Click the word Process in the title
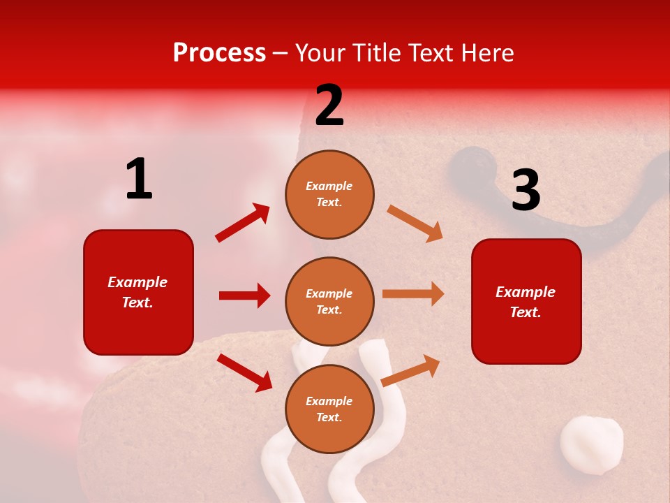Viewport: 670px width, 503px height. pos(219,53)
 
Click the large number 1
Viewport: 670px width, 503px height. pos(138,180)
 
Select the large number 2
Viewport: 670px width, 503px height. pos(329,106)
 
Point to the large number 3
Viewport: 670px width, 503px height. pos(526,190)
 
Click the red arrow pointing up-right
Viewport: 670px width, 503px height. pos(243,223)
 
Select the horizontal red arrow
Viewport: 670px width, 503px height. pos(244,296)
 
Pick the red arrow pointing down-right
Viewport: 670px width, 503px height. pos(244,372)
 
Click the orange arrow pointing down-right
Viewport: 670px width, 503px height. pos(415,224)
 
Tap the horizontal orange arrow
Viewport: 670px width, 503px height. pos(413,294)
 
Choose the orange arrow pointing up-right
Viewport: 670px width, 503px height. pos(411,370)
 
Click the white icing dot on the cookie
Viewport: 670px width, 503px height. pos(592,444)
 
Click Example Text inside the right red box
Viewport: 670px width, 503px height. pos(526,302)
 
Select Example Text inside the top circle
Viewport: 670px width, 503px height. pos(329,194)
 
